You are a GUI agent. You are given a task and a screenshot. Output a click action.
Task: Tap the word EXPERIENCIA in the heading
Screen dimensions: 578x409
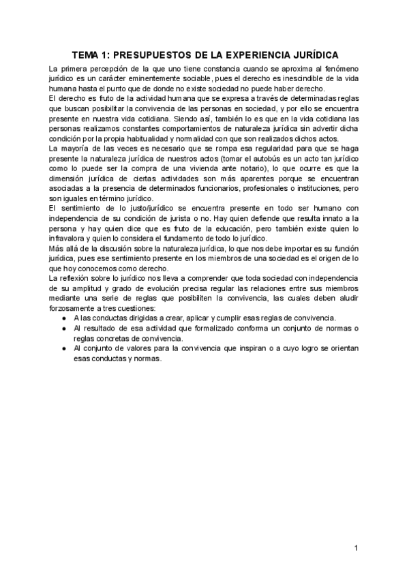267,55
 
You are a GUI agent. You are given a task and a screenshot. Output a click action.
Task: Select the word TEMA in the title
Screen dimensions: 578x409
88,55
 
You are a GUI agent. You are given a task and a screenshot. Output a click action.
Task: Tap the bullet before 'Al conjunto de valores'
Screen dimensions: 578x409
64,350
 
